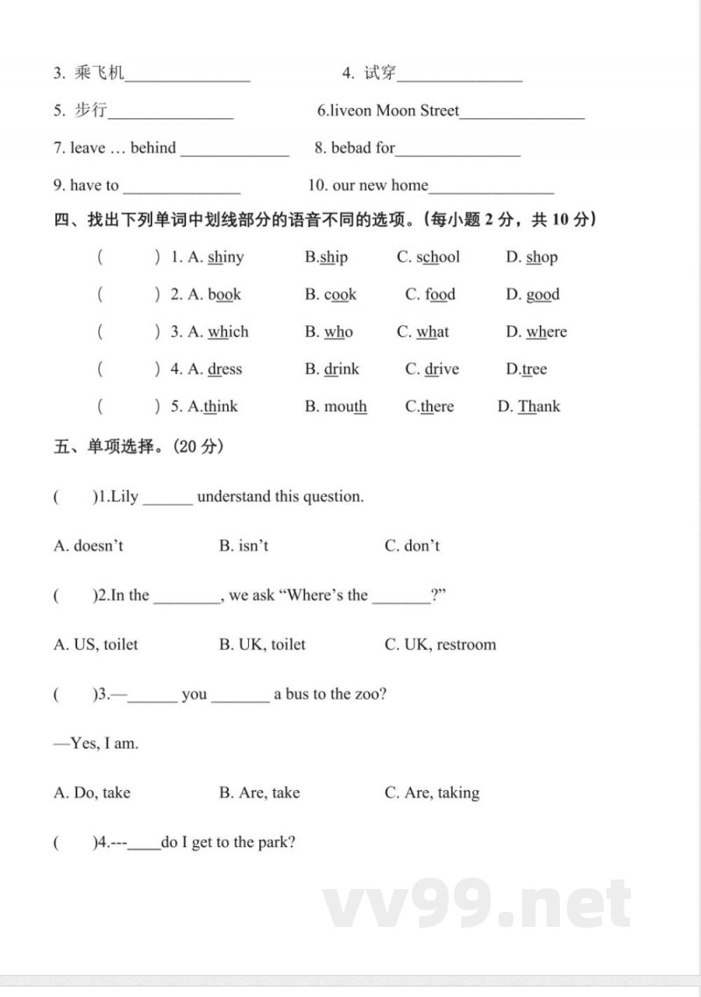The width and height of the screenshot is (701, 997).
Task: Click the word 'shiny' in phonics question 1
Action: coord(226,257)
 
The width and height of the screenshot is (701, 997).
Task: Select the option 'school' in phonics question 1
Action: coord(437,257)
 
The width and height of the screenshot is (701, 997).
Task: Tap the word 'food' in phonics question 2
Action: coord(441,295)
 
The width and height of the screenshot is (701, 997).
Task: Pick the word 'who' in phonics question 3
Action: coord(338,331)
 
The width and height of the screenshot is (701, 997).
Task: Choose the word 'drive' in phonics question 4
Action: coord(442,369)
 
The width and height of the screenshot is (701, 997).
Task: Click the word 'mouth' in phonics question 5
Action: coord(345,406)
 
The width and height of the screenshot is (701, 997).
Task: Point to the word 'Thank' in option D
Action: coord(539,406)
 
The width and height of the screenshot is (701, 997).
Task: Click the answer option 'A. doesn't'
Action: coord(89,545)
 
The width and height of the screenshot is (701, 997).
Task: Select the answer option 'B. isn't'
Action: coord(244,545)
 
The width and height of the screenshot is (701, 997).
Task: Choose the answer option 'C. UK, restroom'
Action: coord(440,644)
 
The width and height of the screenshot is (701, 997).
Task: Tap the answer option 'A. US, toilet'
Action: coord(96,644)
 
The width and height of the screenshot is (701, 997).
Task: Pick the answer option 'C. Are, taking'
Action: coord(432,793)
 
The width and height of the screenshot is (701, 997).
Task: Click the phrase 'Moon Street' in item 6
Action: coord(417,110)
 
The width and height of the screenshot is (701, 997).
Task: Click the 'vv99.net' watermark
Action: coord(477,904)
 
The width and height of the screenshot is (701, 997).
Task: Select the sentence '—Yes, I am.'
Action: coord(96,744)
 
